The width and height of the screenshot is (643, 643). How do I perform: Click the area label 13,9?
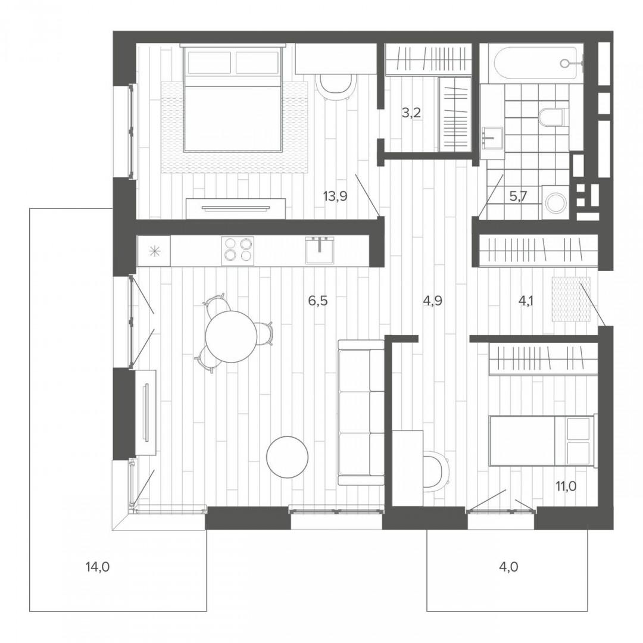[335, 196]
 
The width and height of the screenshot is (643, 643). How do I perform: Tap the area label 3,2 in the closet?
[411, 113]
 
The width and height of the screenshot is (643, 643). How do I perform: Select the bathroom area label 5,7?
[518, 196]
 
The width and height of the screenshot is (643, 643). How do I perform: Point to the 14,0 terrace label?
[98, 567]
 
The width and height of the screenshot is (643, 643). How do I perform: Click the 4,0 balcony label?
[509, 567]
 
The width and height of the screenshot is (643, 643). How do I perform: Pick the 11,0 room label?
[566, 486]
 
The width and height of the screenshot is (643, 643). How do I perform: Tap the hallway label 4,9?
[433, 301]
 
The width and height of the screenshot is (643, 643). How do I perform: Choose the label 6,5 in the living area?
[318, 301]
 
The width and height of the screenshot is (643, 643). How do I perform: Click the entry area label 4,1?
[526, 301]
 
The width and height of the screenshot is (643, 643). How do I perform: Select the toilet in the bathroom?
[553, 117]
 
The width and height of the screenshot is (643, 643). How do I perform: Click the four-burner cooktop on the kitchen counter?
[238, 249]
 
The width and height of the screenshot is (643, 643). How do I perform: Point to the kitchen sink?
[320, 249]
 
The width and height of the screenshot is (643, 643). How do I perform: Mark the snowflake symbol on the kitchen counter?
[154, 251]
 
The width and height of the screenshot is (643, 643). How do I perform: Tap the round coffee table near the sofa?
[287, 457]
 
